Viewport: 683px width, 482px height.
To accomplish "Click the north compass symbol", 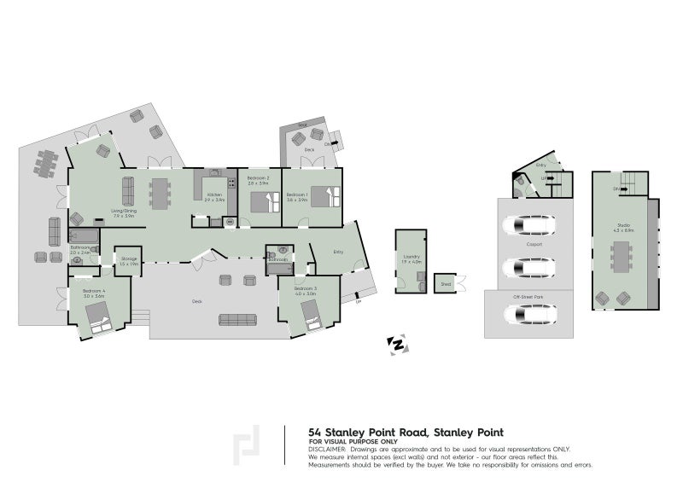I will point(398,344).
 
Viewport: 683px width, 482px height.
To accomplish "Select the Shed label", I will point(445,282).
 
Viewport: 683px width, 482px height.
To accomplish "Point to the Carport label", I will point(535,242).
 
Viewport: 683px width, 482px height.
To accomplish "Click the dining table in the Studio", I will point(621,256).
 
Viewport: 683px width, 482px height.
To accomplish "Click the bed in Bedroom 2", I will point(265,203).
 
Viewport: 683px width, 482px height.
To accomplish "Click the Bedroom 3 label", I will point(306,289).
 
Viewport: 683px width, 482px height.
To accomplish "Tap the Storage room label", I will point(129,258).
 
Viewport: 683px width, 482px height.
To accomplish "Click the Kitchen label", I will point(214,195).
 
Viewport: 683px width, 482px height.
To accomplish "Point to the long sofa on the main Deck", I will point(239,319).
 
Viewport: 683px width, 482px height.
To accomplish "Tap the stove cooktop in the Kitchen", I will point(231,182).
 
